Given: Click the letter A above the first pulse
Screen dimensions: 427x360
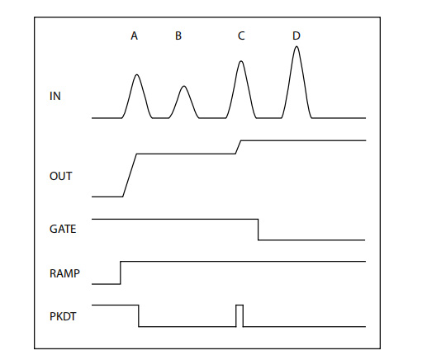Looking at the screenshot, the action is pyautogui.click(x=134, y=36).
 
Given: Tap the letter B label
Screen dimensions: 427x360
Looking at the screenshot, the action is pyautogui.click(x=178, y=36).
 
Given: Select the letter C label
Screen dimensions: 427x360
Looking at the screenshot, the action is pyautogui.click(x=241, y=36).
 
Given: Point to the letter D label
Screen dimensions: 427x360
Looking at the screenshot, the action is pyautogui.click(x=297, y=36).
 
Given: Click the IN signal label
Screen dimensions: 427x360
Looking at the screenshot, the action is pyautogui.click(x=55, y=96).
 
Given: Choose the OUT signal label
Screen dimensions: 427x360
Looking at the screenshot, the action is pyautogui.click(x=61, y=176).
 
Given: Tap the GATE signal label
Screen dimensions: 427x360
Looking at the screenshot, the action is pyautogui.click(x=63, y=229).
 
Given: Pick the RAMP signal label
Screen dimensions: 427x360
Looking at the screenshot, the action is pyautogui.click(x=64, y=273).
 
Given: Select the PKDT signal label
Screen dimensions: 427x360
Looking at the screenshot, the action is pyautogui.click(x=63, y=316).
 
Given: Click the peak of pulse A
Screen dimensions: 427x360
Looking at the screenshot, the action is pyautogui.click(x=137, y=74).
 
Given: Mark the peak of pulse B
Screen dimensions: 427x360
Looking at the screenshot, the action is pyautogui.click(x=184, y=86).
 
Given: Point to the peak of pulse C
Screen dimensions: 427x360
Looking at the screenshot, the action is pyautogui.click(x=241, y=61).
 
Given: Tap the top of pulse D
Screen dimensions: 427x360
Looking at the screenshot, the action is pyautogui.click(x=297, y=46).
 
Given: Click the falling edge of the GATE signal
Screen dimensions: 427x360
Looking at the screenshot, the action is pyautogui.click(x=259, y=230).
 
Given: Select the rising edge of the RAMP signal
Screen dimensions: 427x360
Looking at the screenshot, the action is pyautogui.click(x=121, y=272).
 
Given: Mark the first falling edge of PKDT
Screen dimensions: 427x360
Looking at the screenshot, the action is pyautogui.click(x=139, y=316).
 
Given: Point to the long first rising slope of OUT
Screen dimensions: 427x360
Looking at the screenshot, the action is pyautogui.click(x=130, y=175).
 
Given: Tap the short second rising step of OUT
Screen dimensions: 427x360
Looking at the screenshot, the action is pyautogui.click(x=239, y=147).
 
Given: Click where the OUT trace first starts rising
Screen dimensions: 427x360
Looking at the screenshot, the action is pyautogui.click(x=122, y=197).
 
